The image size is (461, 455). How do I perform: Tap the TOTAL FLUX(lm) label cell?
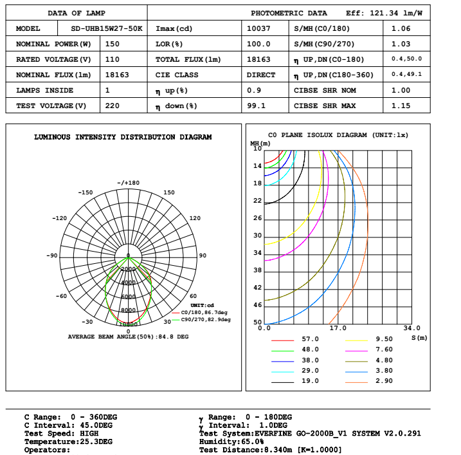tap(188, 59)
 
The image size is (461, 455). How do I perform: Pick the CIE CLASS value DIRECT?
tap(261, 75)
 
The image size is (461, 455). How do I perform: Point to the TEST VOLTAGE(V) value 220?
tap(113, 106)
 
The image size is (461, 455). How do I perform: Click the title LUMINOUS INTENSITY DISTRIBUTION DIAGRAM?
tap(123, 137)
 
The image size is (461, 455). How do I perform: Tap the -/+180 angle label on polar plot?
tap(128, 183)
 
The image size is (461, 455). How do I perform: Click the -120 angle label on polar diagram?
tap(60, 218)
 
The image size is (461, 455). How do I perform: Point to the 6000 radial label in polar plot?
tap(128, 297)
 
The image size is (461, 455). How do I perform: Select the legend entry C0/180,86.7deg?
tap(205, 312)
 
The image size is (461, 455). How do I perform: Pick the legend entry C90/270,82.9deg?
tap(205, 319)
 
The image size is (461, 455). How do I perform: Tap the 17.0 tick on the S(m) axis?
tap(338, 328)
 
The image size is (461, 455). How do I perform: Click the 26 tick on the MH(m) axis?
tap(258, 218)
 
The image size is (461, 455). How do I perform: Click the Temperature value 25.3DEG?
tap(89, 442)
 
